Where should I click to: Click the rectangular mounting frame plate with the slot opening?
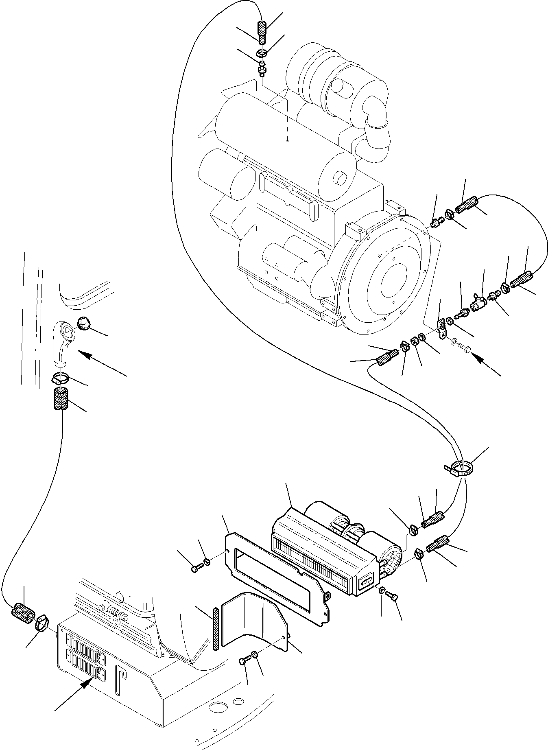pos(277,578)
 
